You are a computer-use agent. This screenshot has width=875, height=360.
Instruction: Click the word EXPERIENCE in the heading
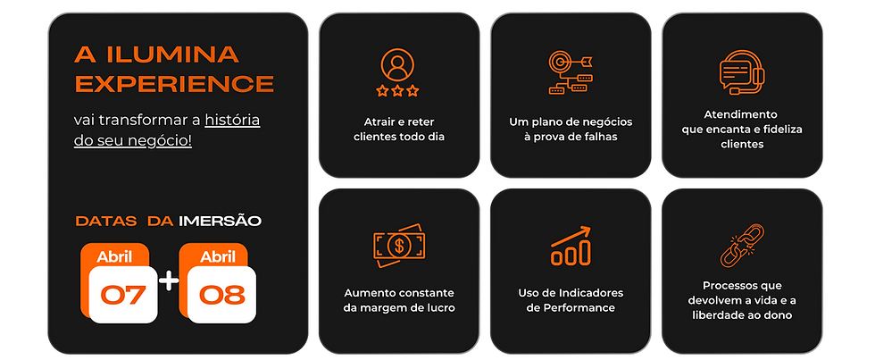click(x=174, y=84)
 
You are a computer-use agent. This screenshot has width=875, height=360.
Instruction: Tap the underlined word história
click(x=232, y=120)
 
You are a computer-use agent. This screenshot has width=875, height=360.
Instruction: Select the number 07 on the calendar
click(x=124, y=294)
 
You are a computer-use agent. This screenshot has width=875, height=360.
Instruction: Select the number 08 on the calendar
click(x=222, y=294)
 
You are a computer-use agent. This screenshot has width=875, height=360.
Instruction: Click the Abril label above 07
click(x=114, y=257)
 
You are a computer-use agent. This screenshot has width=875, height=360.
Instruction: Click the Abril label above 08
click(x=218, y=257)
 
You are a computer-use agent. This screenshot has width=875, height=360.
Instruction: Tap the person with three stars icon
click(x=398, y=71)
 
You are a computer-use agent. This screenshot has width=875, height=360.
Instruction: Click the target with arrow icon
click(x=569, y=72)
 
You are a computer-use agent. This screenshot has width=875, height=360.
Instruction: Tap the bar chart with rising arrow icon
click(x=570, y=245)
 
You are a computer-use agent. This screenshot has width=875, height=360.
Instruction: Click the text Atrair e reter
click(x=398, y=121)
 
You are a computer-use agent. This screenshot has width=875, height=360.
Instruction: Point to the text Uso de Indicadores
click(x=571, y=292)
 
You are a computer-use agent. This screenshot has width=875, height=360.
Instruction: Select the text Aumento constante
click(x=399, y=292)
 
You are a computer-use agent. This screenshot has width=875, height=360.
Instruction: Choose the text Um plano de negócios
click(x=570, y=121)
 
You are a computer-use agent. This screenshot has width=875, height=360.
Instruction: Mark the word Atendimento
click(x=741, y=114)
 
